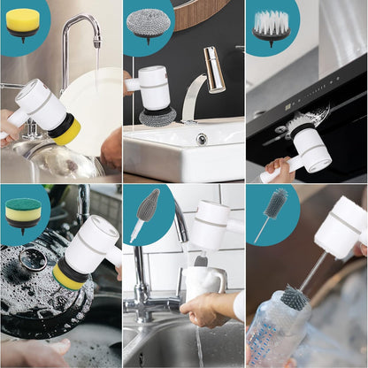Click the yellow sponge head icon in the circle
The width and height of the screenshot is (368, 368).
tap(23, 22)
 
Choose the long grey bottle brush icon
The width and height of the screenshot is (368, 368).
tap(271, 211)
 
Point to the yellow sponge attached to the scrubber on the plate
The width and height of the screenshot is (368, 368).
tap(65, 131)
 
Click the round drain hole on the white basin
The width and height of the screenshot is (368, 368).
tap(202, 139)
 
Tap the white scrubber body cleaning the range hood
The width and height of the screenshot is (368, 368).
tap(310, 146)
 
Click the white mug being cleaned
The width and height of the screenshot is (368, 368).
tap(203, 283)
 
